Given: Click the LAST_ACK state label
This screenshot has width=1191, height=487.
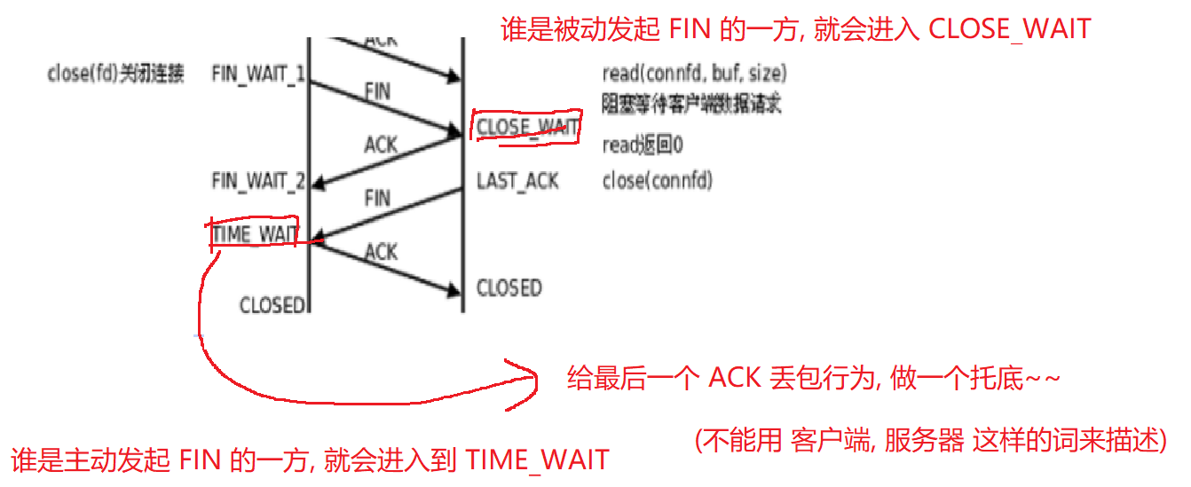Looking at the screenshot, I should pyautogui.click(x=517, y=182).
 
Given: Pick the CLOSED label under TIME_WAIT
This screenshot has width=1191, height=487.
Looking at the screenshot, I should pyautogui.click(x=272, y=305).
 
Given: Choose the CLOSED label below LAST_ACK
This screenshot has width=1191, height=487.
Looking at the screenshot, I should pyautogui.click(x=509, y=288).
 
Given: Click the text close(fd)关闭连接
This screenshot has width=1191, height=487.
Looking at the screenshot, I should pyautogui.click(x=115, y=74).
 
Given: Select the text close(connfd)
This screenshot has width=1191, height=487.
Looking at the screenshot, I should pyautogui.click(x=657, y=182).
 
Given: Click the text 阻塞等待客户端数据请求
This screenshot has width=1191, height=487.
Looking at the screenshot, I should pyautogui.click(x=691, y=105).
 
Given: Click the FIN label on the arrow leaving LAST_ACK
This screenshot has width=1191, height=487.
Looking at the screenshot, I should pyautogui.click(x=377, y=198).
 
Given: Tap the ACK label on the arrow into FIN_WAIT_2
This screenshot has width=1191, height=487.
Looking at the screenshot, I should pyautogui.click(x=381, y=145).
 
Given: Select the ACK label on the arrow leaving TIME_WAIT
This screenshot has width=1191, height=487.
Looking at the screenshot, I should pyautogui.click(x=381, y=252).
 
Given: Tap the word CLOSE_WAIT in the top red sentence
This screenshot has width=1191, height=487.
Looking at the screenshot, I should pyautogui.click(x=1009, y=28).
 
